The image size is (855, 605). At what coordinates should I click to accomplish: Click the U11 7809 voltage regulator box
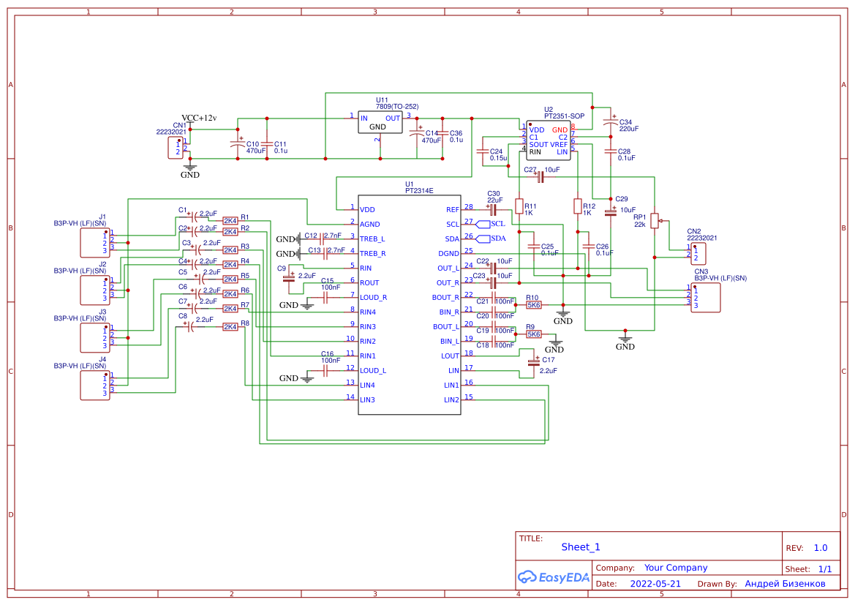coord(380,122)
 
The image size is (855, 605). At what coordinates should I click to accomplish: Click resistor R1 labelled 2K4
coord(230,220)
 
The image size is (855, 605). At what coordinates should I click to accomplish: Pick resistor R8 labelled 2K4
coord(230,326)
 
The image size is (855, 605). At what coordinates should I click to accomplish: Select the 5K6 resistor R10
coord(534,305)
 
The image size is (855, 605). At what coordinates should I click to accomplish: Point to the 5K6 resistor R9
coord(534,334)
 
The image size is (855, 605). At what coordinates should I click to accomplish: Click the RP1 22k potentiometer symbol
coord(655,220)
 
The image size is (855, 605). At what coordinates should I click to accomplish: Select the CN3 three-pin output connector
coord(706,297)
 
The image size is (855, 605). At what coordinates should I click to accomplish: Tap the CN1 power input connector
coord(175,148)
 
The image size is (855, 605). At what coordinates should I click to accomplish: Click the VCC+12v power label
coord(199,118)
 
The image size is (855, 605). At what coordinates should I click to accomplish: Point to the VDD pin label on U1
coord(367,209)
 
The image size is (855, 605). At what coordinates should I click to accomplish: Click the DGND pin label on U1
coord(448,253)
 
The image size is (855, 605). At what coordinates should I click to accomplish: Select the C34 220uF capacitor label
coord(629,125)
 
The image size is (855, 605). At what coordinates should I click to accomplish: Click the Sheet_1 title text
coord(580,547)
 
